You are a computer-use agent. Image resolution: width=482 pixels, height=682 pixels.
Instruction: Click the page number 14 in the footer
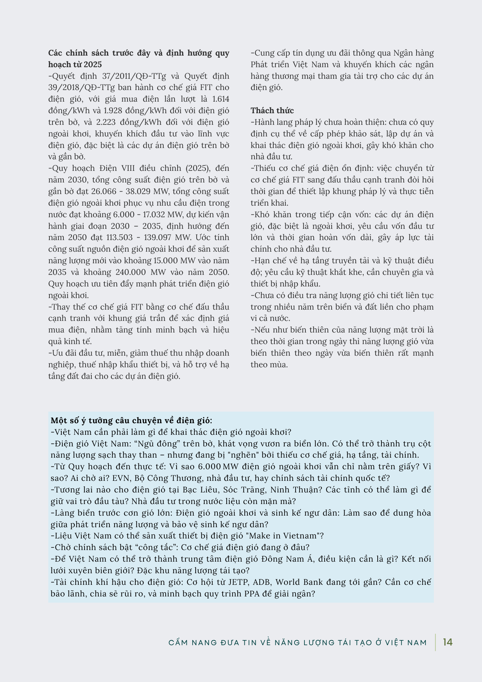[x=448, y=642]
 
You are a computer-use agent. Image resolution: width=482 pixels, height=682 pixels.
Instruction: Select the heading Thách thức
[x=272, y=110]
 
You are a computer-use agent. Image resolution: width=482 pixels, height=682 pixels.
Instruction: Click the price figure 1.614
[x=220, y=99]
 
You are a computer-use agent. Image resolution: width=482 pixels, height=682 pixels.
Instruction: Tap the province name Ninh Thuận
[x=296, y=490]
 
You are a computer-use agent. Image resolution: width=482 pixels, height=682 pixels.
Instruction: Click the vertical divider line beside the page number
[x=435, y=642]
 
